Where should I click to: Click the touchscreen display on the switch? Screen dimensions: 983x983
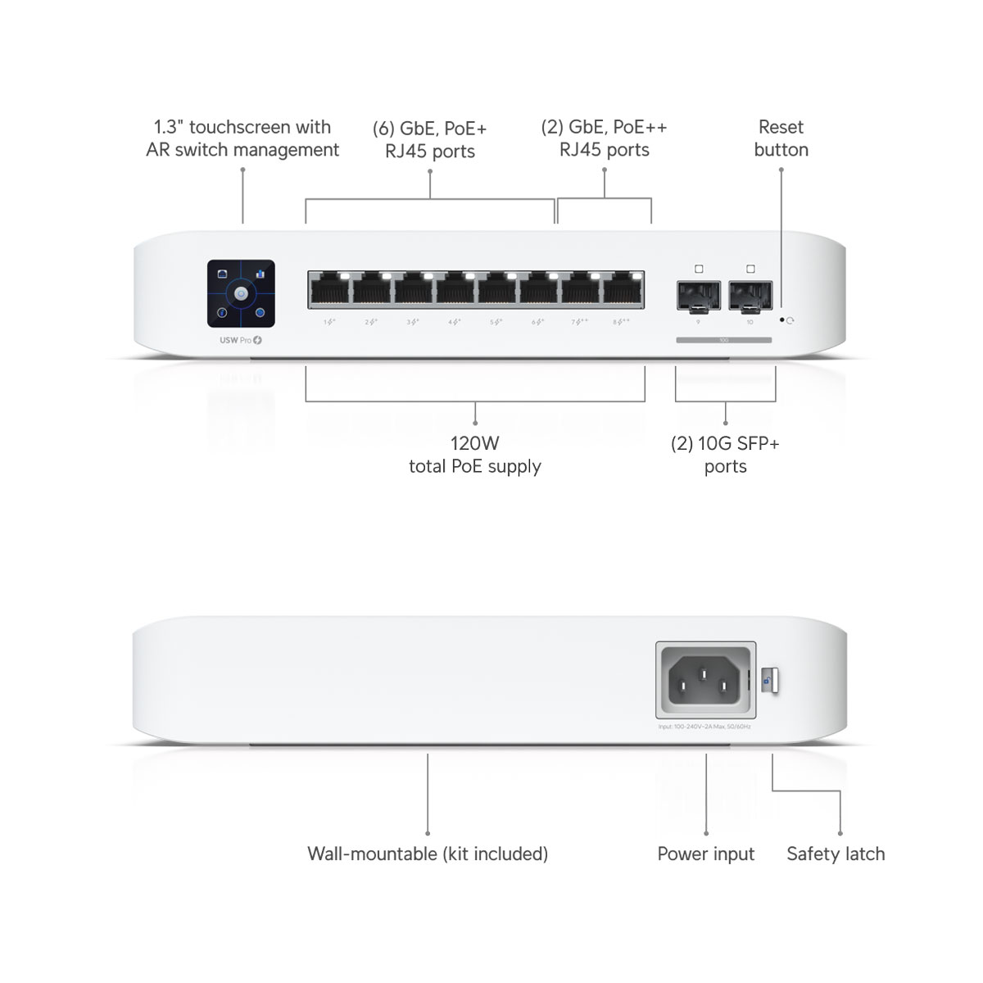pyautogui.click(x=241, y=293)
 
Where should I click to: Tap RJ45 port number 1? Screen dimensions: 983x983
pyautogui.click(x=328, y=290)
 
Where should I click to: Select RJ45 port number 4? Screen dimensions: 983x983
pyautogui.click(x=455, y=290)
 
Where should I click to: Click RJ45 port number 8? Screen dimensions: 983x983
pyautogui.click(x=623, y=290)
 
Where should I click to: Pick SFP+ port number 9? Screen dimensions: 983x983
pyautogui.click(x=698, y=296)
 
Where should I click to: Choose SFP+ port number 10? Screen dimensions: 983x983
pyautogui.click(x=750, y=296)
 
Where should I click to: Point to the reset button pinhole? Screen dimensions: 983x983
pyautogui.click(x=782, y=320)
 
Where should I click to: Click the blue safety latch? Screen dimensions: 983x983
pyautogui.click(x=769, y=680)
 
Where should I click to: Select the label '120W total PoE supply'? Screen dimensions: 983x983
pyautogui.click(x=475, y=455)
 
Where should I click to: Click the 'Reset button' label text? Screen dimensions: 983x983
pyautogui.click(x=781, y=138)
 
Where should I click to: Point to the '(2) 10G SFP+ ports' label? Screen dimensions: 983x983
pyautogui.click(x=725, y=455)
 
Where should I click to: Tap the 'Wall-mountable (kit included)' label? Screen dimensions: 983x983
pyautogui.click(x=428, y=854)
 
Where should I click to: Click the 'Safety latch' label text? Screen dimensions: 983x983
pyautogui.click(x=836, y=854)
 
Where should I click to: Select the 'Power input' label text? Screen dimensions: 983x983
pyautogui.click(x=705, y=854)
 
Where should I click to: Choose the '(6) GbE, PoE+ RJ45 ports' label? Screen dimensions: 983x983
pyautogui.click(x=430, y=139)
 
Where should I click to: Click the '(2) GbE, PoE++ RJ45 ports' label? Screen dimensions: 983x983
pyautogui.click(x=605, y=138)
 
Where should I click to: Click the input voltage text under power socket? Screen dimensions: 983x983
pyautogui.click(x=704, y=727)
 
